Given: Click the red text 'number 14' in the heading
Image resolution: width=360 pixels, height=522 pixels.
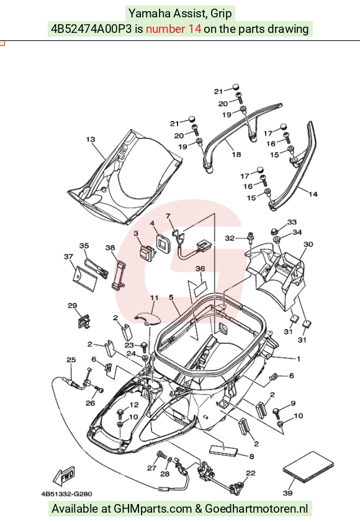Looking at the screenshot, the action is [174, 29].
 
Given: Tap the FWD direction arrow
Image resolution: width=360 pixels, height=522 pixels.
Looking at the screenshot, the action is [64, 475].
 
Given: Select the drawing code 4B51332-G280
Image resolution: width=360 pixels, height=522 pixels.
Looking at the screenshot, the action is [66, 494].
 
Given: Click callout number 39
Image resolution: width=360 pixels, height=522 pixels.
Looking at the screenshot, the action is [288, 493].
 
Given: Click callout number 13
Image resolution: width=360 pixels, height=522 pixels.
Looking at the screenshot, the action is [91, 139].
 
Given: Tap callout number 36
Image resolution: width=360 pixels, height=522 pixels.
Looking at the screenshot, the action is [200, 269].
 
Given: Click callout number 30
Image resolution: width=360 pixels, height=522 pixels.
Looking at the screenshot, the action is [308, 244].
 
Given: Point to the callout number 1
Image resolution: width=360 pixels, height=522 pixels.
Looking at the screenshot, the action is [299, 359].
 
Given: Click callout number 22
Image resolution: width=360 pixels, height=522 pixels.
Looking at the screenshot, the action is [250, 473].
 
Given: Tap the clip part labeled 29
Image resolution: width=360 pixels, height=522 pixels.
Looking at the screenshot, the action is [84, 322].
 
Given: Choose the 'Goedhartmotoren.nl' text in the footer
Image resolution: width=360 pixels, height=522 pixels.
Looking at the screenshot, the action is [256, 508].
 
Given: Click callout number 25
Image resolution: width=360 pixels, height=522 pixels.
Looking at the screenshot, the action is [71, 359].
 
